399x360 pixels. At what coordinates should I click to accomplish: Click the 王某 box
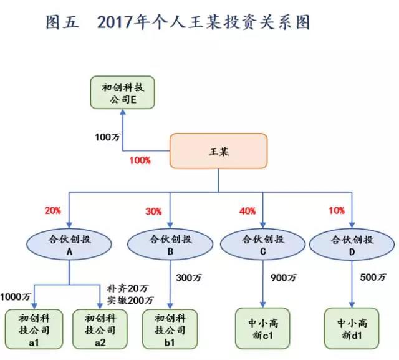click(x=218, y=151)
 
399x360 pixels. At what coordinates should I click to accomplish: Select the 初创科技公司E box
click(x=123, y=93)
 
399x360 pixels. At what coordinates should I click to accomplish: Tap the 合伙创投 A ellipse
click(x=69, y=244)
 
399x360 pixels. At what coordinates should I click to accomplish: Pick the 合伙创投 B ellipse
click(x=170, y=244)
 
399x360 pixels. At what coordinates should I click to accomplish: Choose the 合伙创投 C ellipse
click(x=263, y=244)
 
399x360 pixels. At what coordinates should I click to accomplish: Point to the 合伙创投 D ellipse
click(x=352, y=244)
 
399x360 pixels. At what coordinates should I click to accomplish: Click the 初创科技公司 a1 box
click(x=34, y=329)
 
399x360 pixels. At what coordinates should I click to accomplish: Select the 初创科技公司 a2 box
click(x=100, y=329)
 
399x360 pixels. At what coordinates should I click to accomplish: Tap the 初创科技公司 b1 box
click(x=170, y=329)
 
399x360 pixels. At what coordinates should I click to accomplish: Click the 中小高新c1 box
click(x=262, y=328)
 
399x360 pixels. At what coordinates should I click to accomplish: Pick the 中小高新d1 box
click(x=352, y=328)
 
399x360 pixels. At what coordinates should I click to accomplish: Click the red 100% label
click(x=140, y=160)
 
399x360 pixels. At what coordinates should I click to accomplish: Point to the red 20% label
click(x=53, y=210)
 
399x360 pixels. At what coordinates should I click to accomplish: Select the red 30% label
click(x=153, y=212)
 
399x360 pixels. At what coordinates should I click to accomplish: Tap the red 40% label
click(x=248, y=211)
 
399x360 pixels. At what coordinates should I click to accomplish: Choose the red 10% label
click(x=337, y=210)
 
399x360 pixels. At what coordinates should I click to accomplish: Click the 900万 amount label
click(x=284, y=278)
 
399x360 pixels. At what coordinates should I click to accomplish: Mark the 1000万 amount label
click(x=15, y=296)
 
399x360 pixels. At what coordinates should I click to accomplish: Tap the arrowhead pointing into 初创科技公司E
click(x=123, y=112)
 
